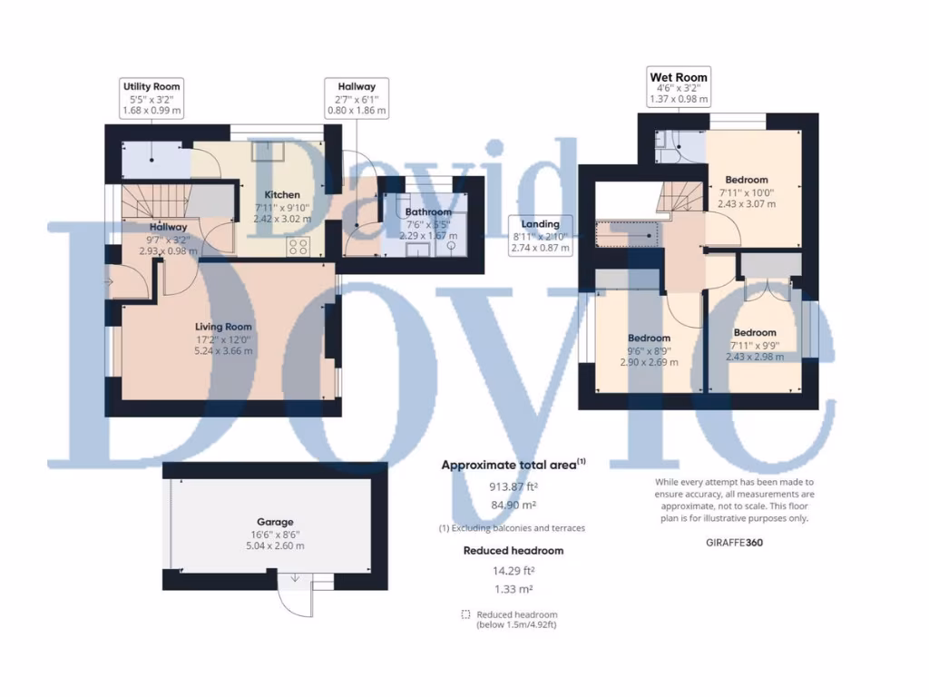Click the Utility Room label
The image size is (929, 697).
pyautogui.click(x=152, y=86)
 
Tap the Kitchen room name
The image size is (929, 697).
pyautogui.click(x=281, y=195)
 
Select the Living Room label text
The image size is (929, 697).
pyautogui.click(x=223, y=327)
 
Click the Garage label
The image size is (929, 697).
pyautogui.click(x=274, y=522)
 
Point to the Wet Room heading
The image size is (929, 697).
pyautogui.click(x=678, y=77)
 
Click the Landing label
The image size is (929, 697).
pyautogui.click(x=540, y=223)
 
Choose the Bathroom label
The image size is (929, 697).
pyautogui.click(x=428, y=212)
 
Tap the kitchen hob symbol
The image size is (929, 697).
pyautogui.click(x=298, y=245)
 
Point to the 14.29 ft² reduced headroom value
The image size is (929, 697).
pyautogui.click(x=513, y=571)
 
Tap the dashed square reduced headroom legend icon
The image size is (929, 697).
pyautogui.click(x=465, y=614)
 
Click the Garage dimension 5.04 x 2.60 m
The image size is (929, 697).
pyautogui.click(x=274, y=545)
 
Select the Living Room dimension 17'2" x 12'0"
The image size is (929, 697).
pyautogui.click(x=223, y=339)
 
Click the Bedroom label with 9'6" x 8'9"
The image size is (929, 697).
pyautogui.click(x=649, y=339)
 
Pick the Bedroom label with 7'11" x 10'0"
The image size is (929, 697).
pyautogui.click(x=746, y=180)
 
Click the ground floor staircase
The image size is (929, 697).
pyautogui.click(x=155, y=201)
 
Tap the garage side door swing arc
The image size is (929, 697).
pyautogui.click(x=291, y=599)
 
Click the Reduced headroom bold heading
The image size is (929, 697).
pyautogui.click(x=513, y=551)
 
